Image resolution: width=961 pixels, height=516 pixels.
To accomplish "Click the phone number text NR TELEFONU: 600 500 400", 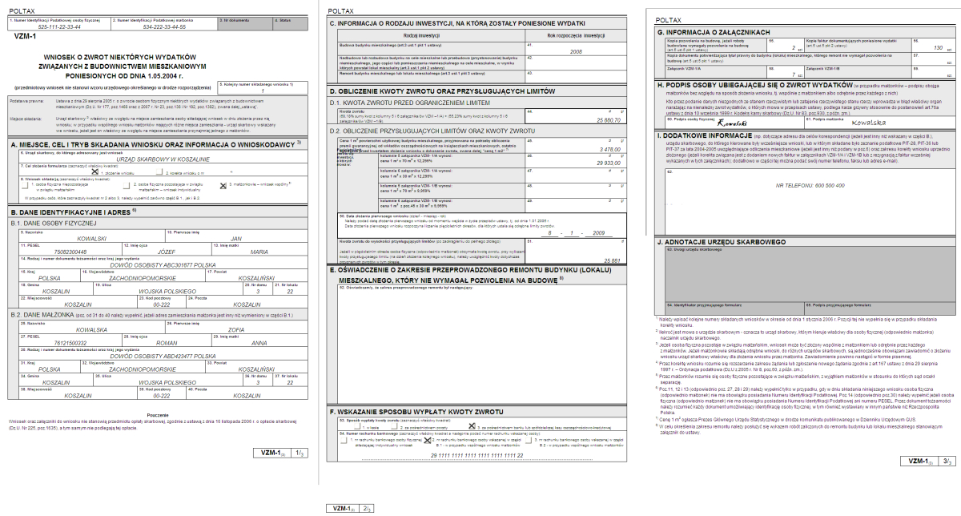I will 804,185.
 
